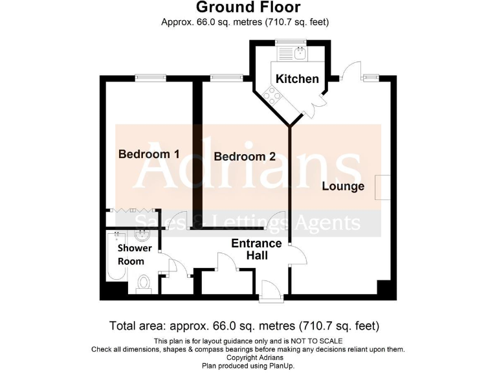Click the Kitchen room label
pyautogui.click(x=297, y=78)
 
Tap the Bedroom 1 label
pyautogui.click(x=149, y=154)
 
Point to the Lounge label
pyautogui.click(x=343, y=186)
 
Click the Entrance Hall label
pyautogui.click(x=256, y=249)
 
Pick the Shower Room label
pyautogui.click(x=135, y=254)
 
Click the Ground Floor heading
pyautogui.click(x=248, y=8)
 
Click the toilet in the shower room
pyautogui.click(x=145, y=283)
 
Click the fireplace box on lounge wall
pyautogui.click(x=383, y=186)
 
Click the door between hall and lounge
pyautogui.click(x=297, y=255)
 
